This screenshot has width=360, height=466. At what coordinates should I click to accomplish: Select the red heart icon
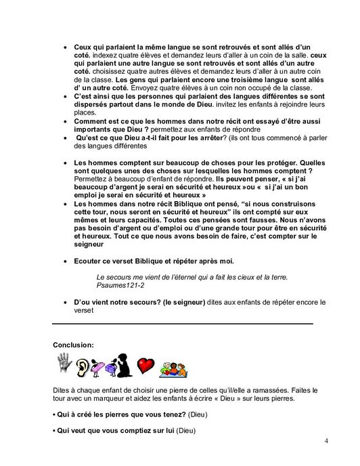[x=146, y=366]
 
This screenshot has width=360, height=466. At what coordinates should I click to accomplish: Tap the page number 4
[x=326, y=444]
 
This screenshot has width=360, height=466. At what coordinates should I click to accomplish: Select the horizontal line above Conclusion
[x=183, y=324]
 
